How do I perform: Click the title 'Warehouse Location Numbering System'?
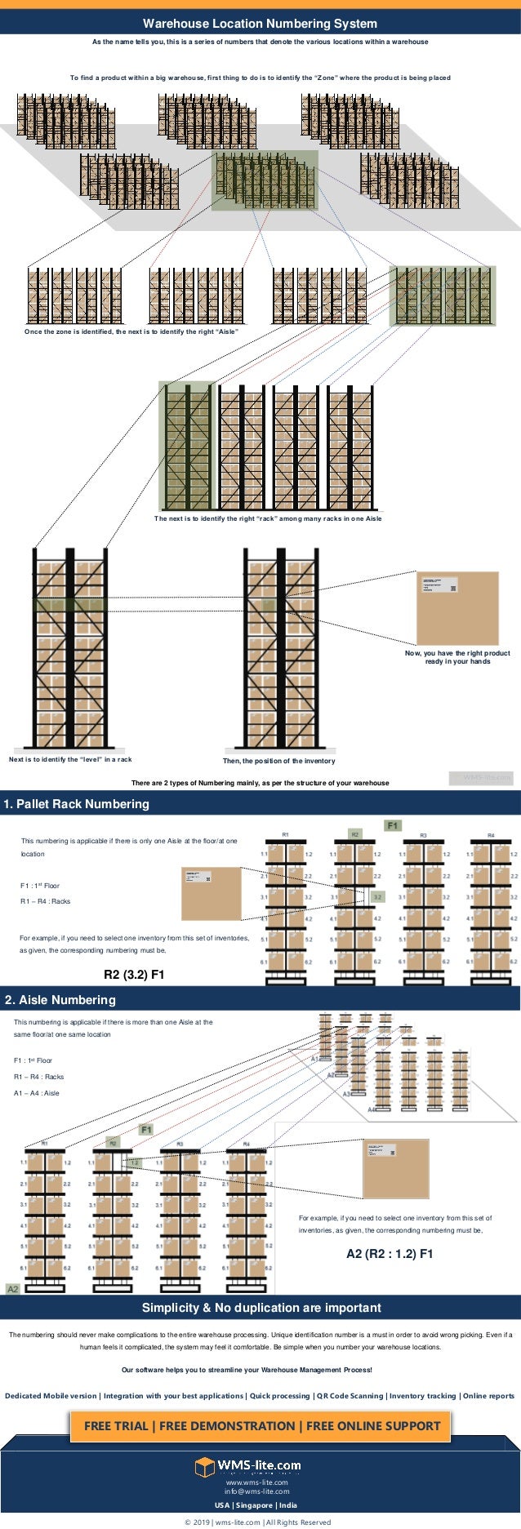260,24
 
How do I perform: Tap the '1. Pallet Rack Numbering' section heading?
77,804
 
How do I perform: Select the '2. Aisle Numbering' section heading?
60,1000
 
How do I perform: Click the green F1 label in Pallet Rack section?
394,825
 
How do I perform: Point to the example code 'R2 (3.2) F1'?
134,975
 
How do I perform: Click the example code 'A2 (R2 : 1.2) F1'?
390,1254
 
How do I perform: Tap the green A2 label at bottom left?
13,1289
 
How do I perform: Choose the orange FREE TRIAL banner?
261,1425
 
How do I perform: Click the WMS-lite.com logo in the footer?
248,1466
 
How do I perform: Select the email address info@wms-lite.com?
256,1491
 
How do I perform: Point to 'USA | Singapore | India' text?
256,1505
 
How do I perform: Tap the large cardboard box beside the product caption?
457,608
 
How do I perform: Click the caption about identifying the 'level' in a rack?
70,759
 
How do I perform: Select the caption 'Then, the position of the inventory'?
278,761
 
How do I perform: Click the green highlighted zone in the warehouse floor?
265,180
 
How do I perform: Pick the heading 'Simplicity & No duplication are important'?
261,1308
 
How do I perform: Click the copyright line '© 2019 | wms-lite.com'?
256,1522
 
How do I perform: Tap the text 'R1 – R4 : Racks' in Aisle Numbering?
38,1077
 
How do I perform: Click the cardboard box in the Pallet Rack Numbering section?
212,894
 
